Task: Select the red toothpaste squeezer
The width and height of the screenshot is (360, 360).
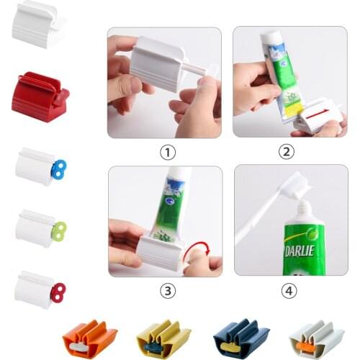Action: pos(39,97)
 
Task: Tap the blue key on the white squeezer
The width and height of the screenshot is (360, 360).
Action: pos(58,170)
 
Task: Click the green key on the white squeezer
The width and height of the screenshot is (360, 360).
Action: pos(58,230)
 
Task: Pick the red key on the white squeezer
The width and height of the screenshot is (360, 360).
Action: pos(58,291)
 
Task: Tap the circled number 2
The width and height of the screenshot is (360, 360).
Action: pos(287,152)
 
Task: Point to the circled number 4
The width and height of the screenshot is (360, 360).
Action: pos(287,291)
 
